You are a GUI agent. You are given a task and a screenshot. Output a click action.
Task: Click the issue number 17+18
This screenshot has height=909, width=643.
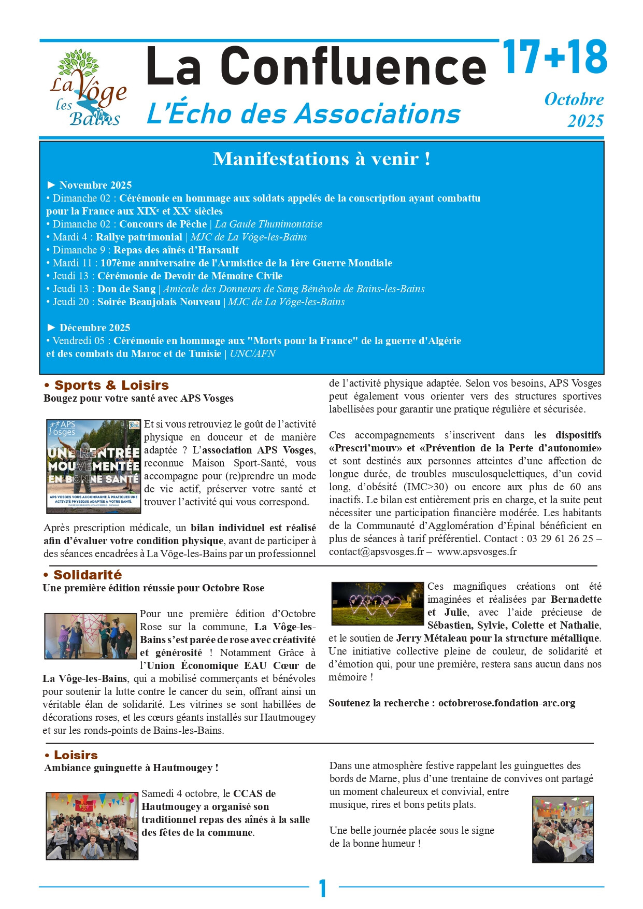point(554,57)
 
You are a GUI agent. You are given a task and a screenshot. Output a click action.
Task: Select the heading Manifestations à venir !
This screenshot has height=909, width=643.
point(321,159)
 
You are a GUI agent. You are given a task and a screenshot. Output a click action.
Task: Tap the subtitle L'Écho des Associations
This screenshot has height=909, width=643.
point(304,114)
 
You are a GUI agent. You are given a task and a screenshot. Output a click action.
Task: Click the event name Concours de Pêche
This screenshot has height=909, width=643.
point(163,224)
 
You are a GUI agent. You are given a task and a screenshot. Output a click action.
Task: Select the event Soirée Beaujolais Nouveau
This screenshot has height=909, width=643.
point(159,302)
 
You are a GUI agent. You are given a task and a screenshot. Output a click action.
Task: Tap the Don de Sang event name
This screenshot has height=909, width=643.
point(126,289)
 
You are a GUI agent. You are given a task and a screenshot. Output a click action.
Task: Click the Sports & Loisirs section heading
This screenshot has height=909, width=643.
point(111,385)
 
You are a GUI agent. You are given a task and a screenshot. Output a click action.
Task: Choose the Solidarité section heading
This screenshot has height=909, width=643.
point(88,575)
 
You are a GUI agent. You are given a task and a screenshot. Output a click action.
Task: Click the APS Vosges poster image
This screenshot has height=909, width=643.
point(94,466)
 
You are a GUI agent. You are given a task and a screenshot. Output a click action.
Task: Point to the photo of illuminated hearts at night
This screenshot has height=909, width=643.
point(377,603)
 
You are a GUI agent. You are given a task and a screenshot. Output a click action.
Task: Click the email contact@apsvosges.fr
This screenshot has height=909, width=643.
point(376,551)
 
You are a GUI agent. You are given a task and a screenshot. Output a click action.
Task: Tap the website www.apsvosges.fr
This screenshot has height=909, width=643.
point(477,551)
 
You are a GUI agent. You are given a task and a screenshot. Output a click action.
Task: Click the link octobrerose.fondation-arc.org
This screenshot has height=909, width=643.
point(507,703)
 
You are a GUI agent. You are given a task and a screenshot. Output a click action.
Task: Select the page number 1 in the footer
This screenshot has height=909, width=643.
point(323,888)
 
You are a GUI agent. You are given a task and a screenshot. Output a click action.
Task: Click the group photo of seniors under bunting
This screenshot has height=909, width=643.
point(92,826)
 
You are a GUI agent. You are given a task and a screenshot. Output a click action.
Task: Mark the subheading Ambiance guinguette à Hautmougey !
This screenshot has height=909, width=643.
point(131,768)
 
